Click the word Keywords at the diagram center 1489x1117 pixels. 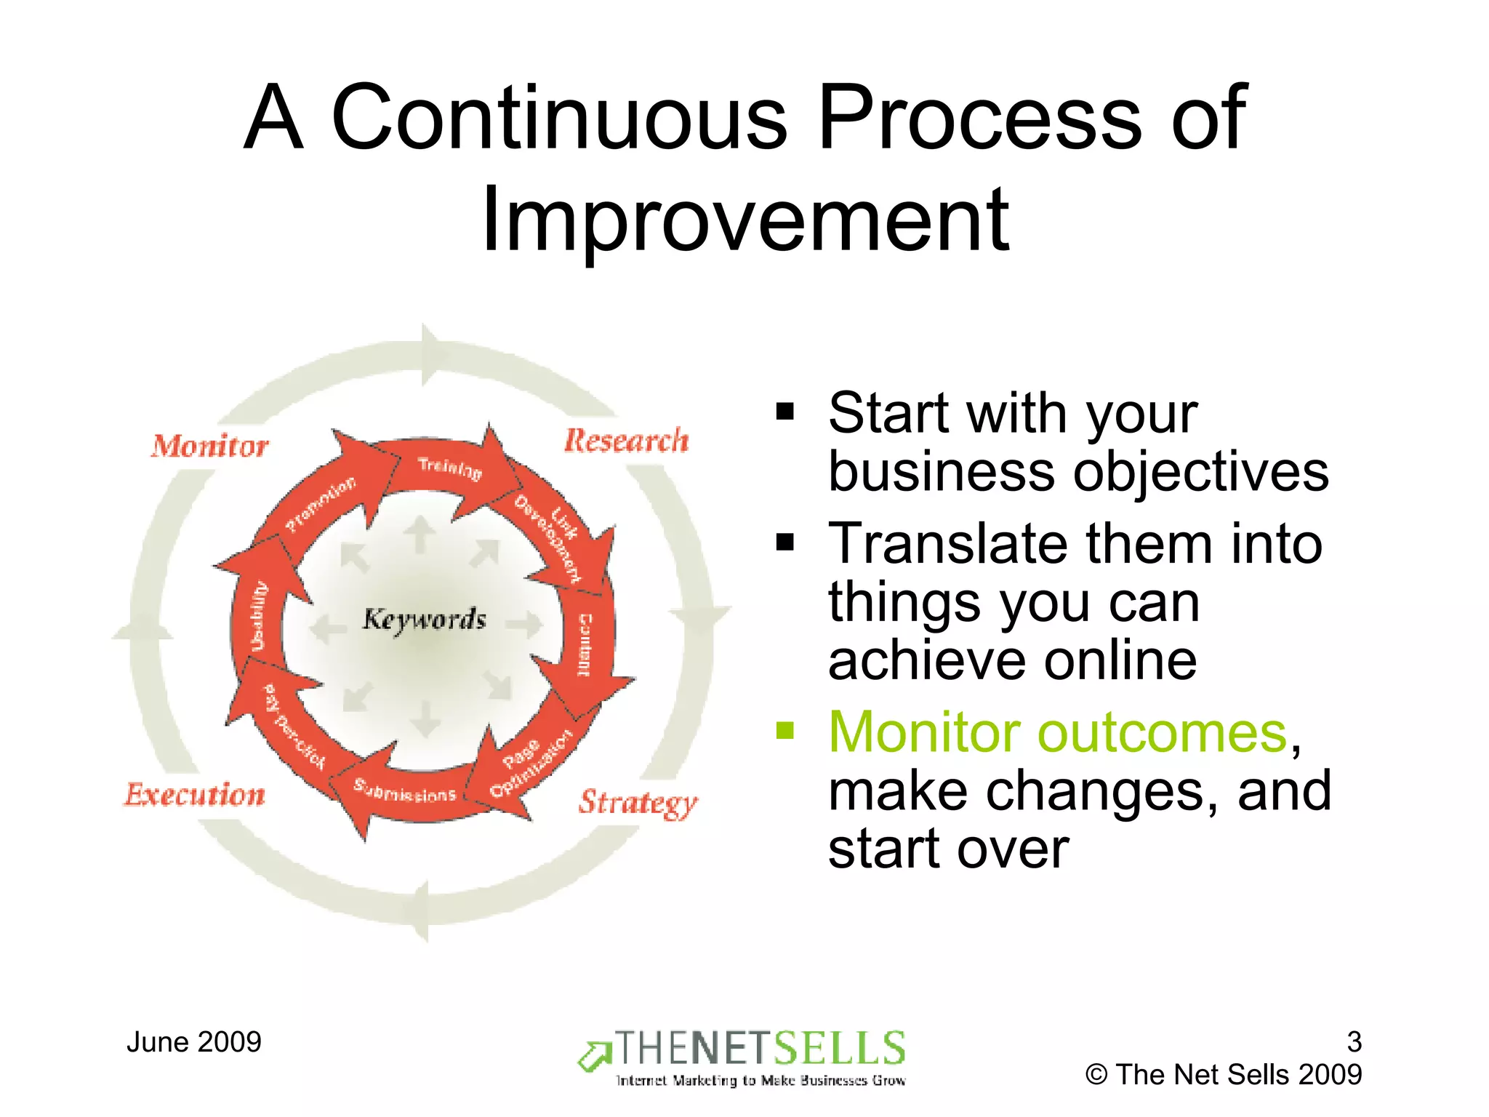tap(425, 620)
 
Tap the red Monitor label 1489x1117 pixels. tap(210, 446)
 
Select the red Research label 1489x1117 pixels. tap(626, 441)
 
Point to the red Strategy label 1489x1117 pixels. tap(638, 803)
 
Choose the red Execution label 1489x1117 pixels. tap(195, 795)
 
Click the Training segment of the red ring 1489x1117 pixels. tap(449, 469)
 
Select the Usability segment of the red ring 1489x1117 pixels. tap(259, 615)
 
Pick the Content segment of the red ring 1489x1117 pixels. tap(585, 644)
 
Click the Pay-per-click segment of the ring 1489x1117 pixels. tap(293, 726)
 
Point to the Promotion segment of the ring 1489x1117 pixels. tap(321, 504)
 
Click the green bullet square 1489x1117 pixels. tap(785, 729)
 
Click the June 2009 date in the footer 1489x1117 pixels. tap(193, 1042)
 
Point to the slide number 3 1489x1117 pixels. tap(1353, 1042)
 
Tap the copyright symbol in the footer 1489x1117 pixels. tap(1096, 1075)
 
